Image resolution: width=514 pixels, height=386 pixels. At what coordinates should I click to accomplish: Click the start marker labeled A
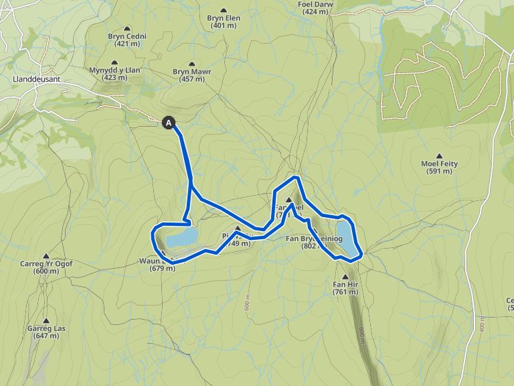click(x=169, y=122)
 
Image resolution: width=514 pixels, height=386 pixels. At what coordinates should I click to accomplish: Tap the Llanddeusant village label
click(x=32, y=78)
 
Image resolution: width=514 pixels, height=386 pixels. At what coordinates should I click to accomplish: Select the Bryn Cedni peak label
click(x=126, y=37)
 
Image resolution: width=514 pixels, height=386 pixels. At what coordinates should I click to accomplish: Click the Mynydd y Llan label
click(x=114, y=70)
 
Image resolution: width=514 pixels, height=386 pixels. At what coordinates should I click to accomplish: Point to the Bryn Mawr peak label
click(x=191, y=71)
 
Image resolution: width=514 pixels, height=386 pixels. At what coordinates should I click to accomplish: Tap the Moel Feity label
click(x=438, y=163)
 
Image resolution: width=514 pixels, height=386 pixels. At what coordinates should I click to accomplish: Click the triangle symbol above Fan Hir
click(x=345, y=277)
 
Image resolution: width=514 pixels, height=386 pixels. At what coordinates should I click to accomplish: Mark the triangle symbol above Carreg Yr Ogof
click(x=46, y=256)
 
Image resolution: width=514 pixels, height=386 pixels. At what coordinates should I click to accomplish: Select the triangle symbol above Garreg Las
click(x=46, y=320)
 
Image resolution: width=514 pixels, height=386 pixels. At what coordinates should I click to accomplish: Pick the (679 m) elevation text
click(x=153, y=269)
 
